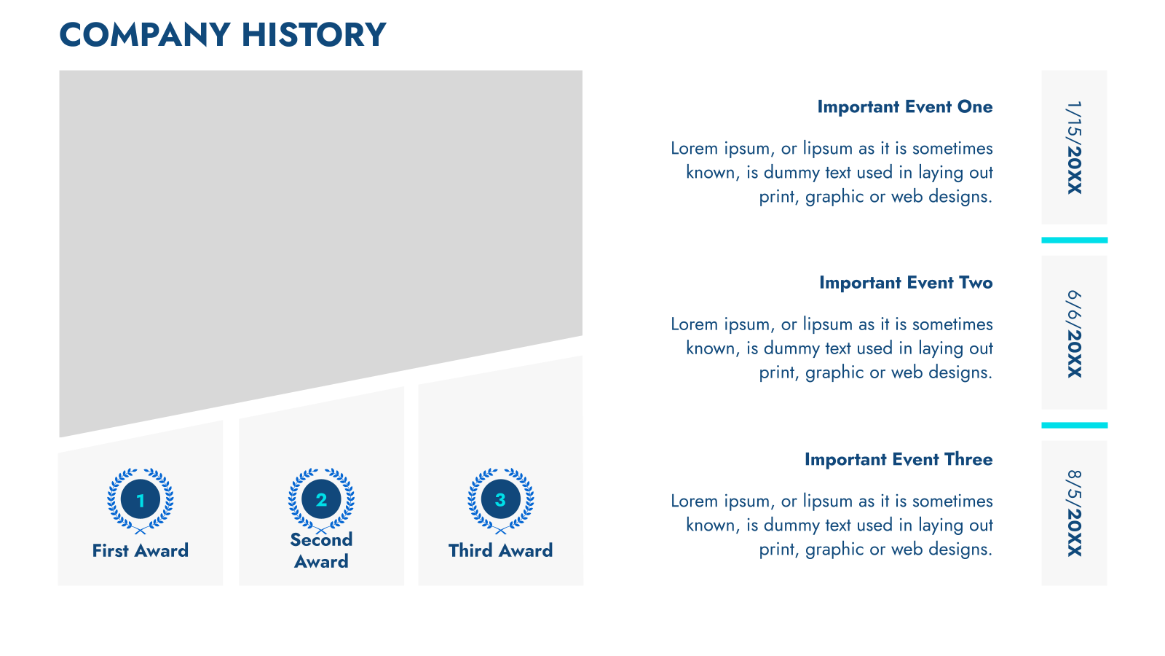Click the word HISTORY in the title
tap(314, 35)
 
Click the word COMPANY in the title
tap(145, 35)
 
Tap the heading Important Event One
tap(905, 106)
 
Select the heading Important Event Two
tap(906, 283)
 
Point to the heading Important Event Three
tap(899, 459)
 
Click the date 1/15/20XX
tap(1075, 148)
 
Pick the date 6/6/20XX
tap(1075, 334)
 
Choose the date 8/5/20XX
tap(1075, 513)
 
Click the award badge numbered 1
tap(141, 500)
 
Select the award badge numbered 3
tap(500, 500)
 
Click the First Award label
tap(141, 551)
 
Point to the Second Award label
tap(321, 551)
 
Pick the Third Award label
tap(500, 551)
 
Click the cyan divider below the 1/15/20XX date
tap(1075, 240)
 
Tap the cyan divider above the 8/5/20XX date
tap(1075, 426)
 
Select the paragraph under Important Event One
tap(832, 172)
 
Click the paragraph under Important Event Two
tap(832, 348)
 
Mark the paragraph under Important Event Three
tap(832, 525)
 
